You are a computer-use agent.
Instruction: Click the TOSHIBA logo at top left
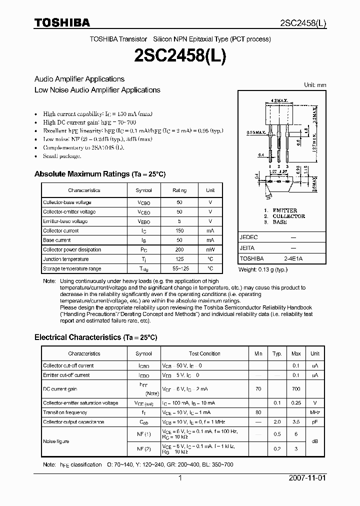pos(62,22)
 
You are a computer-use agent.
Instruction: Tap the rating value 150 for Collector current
pos(179,231)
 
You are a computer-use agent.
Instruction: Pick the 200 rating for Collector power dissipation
pos(179,249)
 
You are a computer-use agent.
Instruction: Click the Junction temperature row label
pos(65,259)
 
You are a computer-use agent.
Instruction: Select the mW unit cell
pos(210,249)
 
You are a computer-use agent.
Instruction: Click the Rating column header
pos(179,190)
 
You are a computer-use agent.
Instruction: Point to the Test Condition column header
pos(204,353)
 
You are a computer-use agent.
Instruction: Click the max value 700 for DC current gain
pos(296,388)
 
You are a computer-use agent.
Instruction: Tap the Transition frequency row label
pos(65,412)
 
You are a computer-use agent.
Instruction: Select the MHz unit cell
pos(315,412)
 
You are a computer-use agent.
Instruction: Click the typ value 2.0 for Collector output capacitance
pos(276,422)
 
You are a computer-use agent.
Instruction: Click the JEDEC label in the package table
pos(248,237)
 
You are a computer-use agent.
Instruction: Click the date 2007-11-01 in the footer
pos(307,478)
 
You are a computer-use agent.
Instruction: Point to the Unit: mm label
pos(315,85)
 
